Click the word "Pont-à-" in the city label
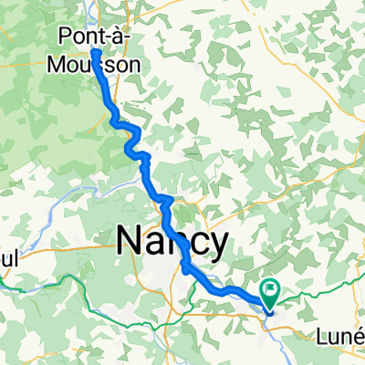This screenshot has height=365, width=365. click(91, 37)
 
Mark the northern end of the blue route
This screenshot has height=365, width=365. click(94, 53)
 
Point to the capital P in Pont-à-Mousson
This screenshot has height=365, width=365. click(63, 37)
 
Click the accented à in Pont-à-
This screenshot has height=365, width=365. click(112, 37)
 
